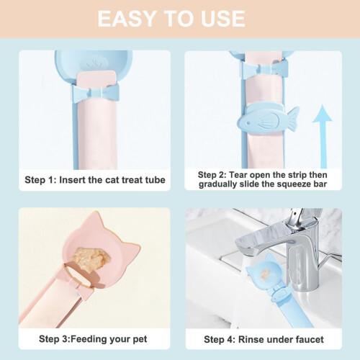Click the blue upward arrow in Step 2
tap(323, 136)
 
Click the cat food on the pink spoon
tap(91, 258)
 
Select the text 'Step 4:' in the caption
tap(220, 340)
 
